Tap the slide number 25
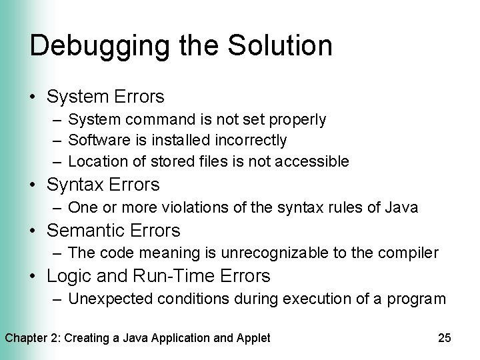[x=445, y=338]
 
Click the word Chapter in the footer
[x=27, y=338]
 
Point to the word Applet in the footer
[x=253, y=338]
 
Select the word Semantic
[x=85, y=231]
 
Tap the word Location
[x=93, y=161]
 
